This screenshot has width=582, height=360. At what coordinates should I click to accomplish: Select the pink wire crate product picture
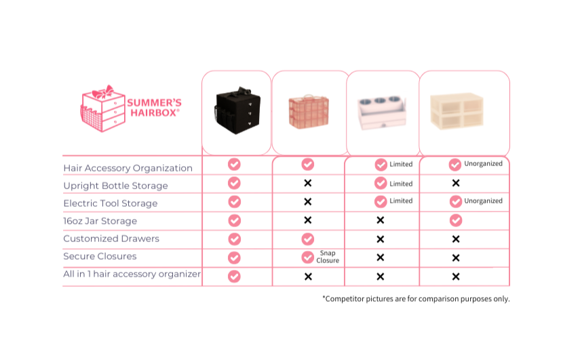[x=308, y=112]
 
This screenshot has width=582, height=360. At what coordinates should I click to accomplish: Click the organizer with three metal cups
[x=383, y=112]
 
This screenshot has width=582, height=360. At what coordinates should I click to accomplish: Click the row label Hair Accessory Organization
[x=128, y=168]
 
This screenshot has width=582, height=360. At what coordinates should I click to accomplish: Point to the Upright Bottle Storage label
[x=115, y=186]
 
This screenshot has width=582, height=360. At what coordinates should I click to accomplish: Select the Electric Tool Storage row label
[x=110, y=203]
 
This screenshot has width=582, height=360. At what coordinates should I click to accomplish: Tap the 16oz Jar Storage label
[x=100, y=221]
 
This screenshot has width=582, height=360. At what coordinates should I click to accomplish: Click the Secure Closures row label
[x=100, y=256]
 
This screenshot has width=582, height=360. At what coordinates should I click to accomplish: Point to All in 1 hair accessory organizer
[x=132, y=275]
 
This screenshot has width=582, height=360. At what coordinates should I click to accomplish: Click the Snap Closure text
[x=328, y=256]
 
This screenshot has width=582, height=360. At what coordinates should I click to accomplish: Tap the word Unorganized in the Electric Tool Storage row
[x=483, y=201]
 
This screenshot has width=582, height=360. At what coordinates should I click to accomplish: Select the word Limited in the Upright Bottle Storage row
[x=401, y=184]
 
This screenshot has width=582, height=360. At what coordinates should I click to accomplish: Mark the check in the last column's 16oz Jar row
[x=456, y=220]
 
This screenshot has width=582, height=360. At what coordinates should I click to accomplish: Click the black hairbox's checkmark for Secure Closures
[x=235, y=258]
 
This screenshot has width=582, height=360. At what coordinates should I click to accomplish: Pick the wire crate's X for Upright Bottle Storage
[x=307, y=183]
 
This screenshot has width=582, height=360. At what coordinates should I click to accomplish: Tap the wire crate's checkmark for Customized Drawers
[x=307, y=239]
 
